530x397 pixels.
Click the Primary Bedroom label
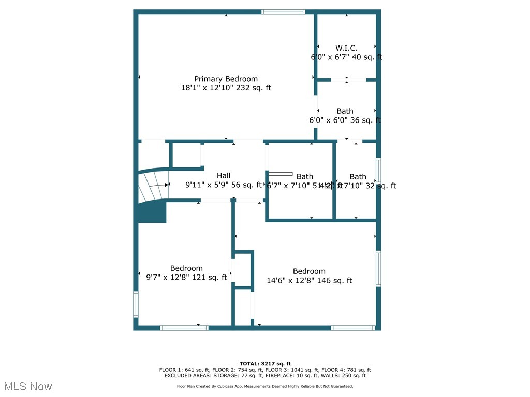point(226,79)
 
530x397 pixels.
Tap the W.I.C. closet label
point(346,48)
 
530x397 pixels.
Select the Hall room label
point(224,176)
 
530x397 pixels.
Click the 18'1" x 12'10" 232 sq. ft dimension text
point(226,88)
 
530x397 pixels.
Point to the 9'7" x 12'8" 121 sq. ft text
point(186,277)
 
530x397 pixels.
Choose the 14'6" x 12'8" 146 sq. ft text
point(309,281)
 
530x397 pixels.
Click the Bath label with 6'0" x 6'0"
point(345,111)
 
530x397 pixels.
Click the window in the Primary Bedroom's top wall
point(283,12)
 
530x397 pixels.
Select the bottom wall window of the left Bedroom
point(184,328)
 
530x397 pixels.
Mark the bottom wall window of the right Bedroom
point(353,328)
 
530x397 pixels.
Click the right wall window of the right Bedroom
point(378,268)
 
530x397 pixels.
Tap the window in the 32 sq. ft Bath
point(378,170)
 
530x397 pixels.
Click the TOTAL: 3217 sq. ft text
point(265,363)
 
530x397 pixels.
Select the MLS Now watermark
point(28,386)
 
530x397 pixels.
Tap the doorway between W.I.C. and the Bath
point(346,80)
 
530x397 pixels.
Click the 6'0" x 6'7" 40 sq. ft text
point(346,57)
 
